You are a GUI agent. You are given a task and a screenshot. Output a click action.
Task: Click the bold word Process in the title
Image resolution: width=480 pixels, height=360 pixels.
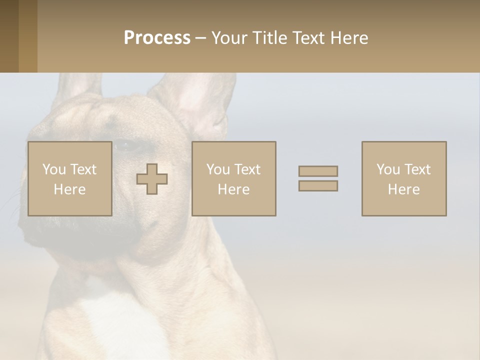(x=157, y=38)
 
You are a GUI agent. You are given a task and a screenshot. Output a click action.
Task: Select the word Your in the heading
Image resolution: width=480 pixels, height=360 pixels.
(x=228, y=38)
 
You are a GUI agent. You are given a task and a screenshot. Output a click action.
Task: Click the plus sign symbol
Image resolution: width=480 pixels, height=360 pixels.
(x=152, y=179)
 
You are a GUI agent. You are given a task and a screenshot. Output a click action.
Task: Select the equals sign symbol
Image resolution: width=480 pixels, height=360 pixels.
(x=318, y=178)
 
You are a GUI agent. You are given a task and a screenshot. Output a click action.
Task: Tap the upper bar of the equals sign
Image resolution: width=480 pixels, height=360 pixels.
(x=318, y=171)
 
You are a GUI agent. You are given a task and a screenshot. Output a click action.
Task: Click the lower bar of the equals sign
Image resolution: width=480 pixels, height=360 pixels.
(x=318, y=185)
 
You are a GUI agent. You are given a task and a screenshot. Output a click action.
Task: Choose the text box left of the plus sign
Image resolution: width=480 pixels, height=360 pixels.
(x=70, y=178)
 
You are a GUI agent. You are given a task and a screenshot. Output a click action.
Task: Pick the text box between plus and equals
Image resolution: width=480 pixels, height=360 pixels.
(x=233, y=178)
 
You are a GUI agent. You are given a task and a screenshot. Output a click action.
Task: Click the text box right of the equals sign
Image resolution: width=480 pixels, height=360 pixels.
(x=404, y=178)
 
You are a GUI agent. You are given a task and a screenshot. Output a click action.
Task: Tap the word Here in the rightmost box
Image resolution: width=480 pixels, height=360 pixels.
(x=404, y=189)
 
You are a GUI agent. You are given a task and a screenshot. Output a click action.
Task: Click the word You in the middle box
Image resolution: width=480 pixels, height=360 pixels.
(x=218, y=169)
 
